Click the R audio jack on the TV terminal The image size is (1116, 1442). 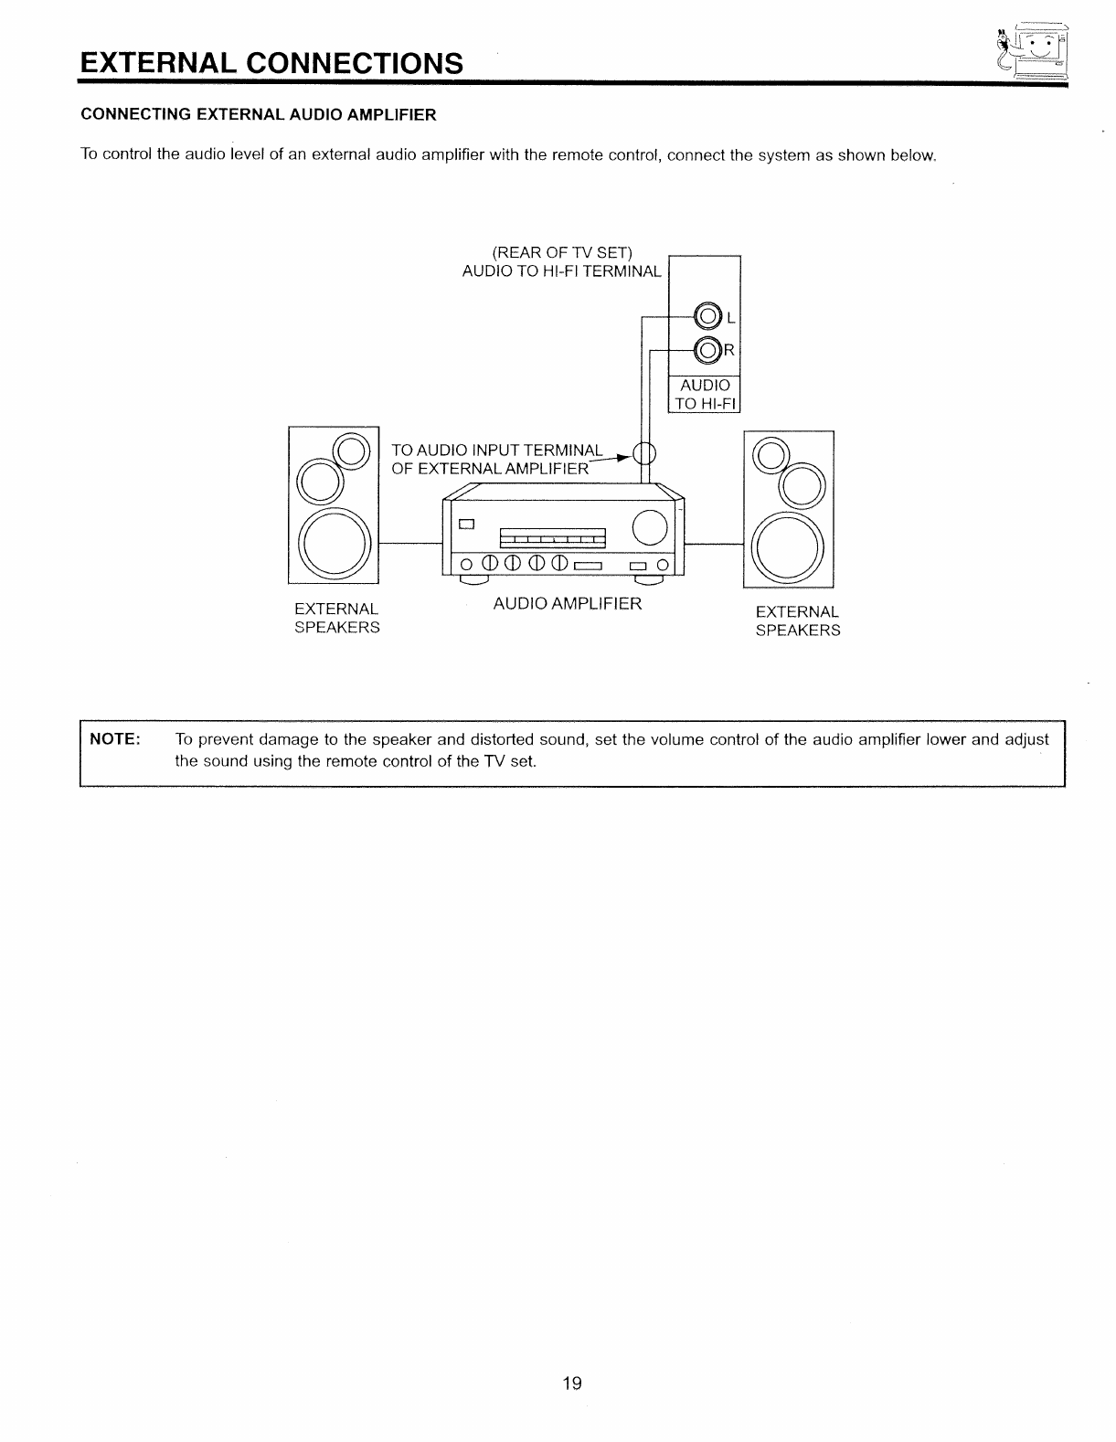(707, 350)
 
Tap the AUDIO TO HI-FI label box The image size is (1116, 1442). (705, 395)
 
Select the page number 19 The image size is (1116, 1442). (572, 1383)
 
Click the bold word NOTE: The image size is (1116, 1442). (114, 738)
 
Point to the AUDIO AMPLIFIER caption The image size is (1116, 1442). (568, 604)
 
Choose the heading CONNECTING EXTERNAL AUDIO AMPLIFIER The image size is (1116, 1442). (259, 114)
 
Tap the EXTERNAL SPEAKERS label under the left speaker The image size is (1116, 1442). (336, 619)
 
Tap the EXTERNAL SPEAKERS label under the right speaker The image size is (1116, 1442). (797, 621)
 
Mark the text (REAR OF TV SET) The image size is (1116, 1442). (562, 252)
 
